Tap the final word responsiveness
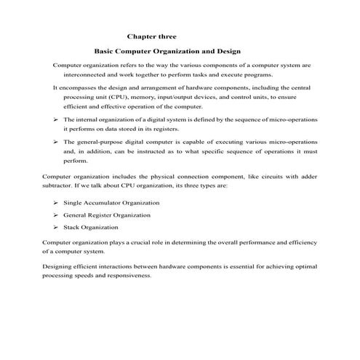[129, 276]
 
